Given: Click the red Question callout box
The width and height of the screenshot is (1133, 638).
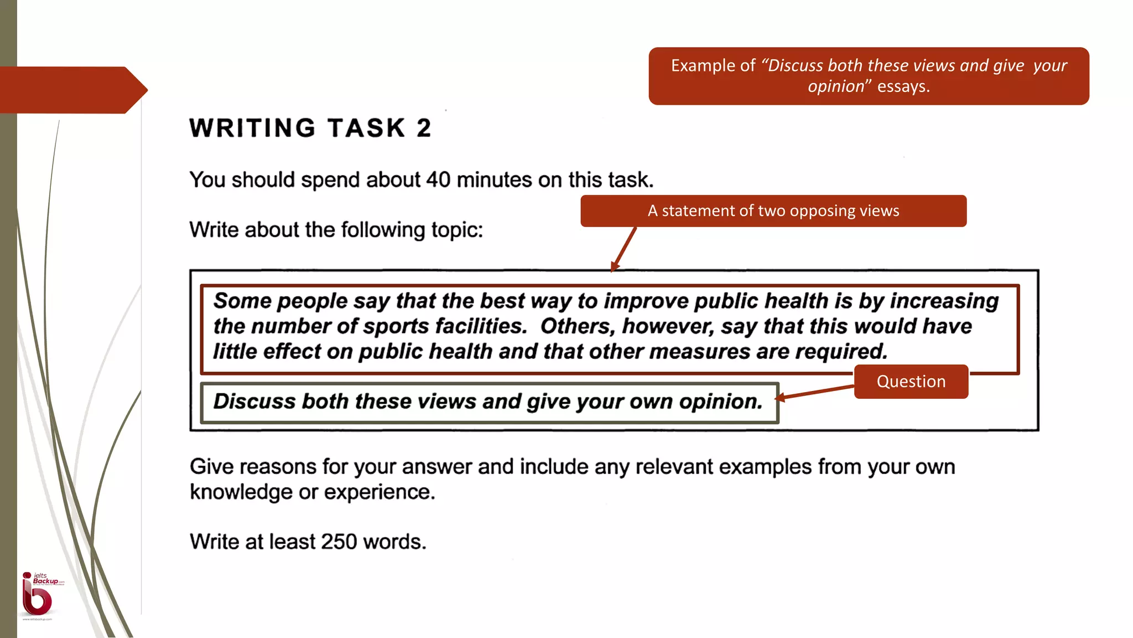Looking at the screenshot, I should [911, 382].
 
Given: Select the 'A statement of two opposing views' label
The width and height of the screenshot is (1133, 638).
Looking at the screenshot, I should [773, 211].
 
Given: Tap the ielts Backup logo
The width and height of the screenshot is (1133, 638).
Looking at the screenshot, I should [39, 595].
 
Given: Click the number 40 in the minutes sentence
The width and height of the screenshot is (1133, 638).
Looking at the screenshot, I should [438, 180].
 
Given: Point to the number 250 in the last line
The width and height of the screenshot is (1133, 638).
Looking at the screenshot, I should [339, 542].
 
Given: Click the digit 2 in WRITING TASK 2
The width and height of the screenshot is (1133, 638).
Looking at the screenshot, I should [424, 128].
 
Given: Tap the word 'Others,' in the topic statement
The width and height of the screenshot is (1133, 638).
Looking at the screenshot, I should [578, 326].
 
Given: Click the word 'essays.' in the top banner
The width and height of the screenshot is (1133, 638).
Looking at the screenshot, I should [903, 87].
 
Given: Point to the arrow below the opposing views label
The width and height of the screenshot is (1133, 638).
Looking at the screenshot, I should [624, 249].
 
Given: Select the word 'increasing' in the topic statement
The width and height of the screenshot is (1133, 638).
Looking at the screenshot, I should [944, 301].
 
